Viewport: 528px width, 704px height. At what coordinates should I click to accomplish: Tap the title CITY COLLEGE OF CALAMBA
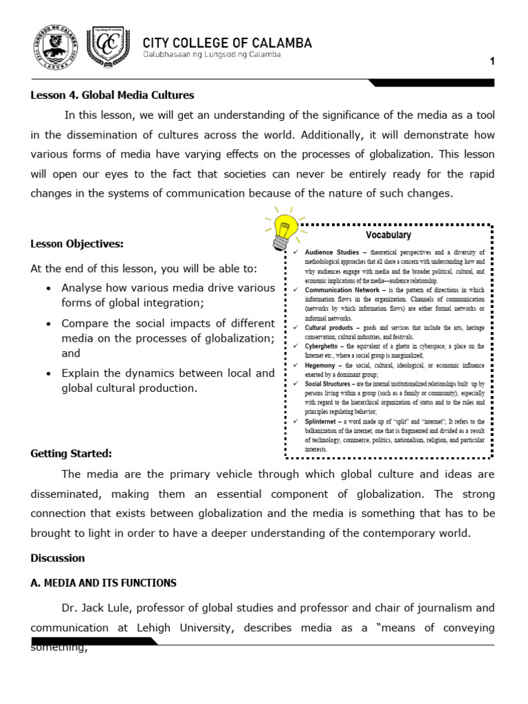(227, 43)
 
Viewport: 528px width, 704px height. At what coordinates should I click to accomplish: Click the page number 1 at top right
(492, 62)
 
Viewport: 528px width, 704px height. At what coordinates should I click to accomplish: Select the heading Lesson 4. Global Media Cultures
(112, 96)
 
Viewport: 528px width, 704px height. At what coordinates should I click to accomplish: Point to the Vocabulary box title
(388, 235)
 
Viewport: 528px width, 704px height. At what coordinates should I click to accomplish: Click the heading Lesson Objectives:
(77, 244)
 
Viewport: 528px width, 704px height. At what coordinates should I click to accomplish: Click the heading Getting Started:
(71, 454)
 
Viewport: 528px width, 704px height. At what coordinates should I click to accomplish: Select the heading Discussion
(58, 558)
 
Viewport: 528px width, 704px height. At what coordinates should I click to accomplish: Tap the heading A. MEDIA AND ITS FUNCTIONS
(103, 583)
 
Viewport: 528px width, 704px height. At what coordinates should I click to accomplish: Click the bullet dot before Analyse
(47, 288)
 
